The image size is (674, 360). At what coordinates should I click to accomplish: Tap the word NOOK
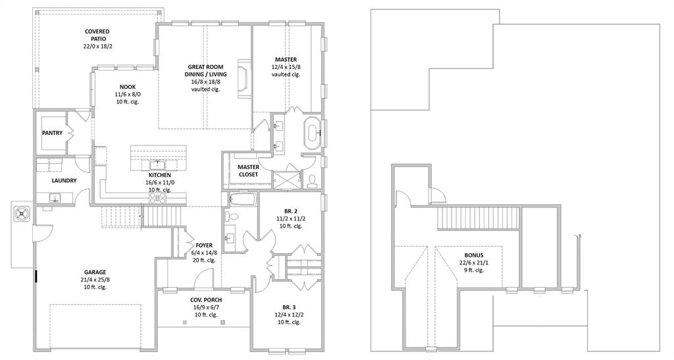coord(128,86)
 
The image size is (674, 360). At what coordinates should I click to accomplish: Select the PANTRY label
coord(52,133)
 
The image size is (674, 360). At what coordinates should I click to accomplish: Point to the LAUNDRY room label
coord(64,180)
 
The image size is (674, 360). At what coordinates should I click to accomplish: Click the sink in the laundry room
coord(55,197)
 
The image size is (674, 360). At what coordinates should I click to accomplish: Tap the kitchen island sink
coord(157,164)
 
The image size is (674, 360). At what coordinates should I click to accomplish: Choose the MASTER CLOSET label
coord(248,170)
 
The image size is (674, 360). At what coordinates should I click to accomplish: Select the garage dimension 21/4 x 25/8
coord(95,279)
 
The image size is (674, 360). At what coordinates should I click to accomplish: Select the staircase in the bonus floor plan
coord(477,217)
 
